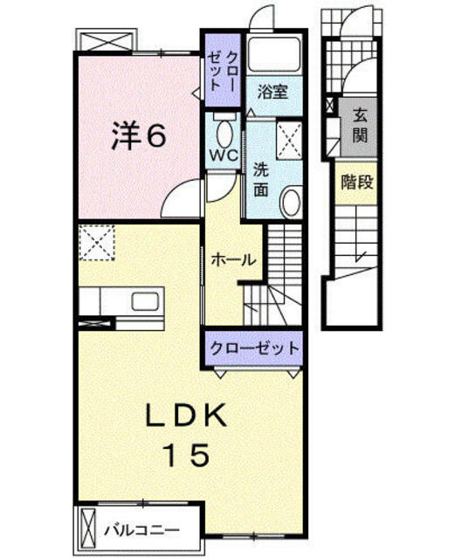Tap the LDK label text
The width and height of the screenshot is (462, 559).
186,416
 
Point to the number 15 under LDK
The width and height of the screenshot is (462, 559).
187,456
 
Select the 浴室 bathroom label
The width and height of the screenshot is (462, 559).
272,93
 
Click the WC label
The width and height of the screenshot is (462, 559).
224,155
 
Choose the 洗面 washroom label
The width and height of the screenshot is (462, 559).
261,181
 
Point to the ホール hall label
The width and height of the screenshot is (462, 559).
233,260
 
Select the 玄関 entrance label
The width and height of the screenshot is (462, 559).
360,126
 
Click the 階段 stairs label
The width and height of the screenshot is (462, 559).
357,183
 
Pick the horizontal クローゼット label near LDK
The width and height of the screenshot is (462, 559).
254,348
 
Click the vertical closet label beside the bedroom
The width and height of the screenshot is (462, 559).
223,71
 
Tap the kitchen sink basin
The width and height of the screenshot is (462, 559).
145,301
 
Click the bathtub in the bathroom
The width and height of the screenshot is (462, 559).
274,54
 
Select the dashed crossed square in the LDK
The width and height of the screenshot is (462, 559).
97,243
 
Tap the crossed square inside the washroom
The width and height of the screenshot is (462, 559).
289,141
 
